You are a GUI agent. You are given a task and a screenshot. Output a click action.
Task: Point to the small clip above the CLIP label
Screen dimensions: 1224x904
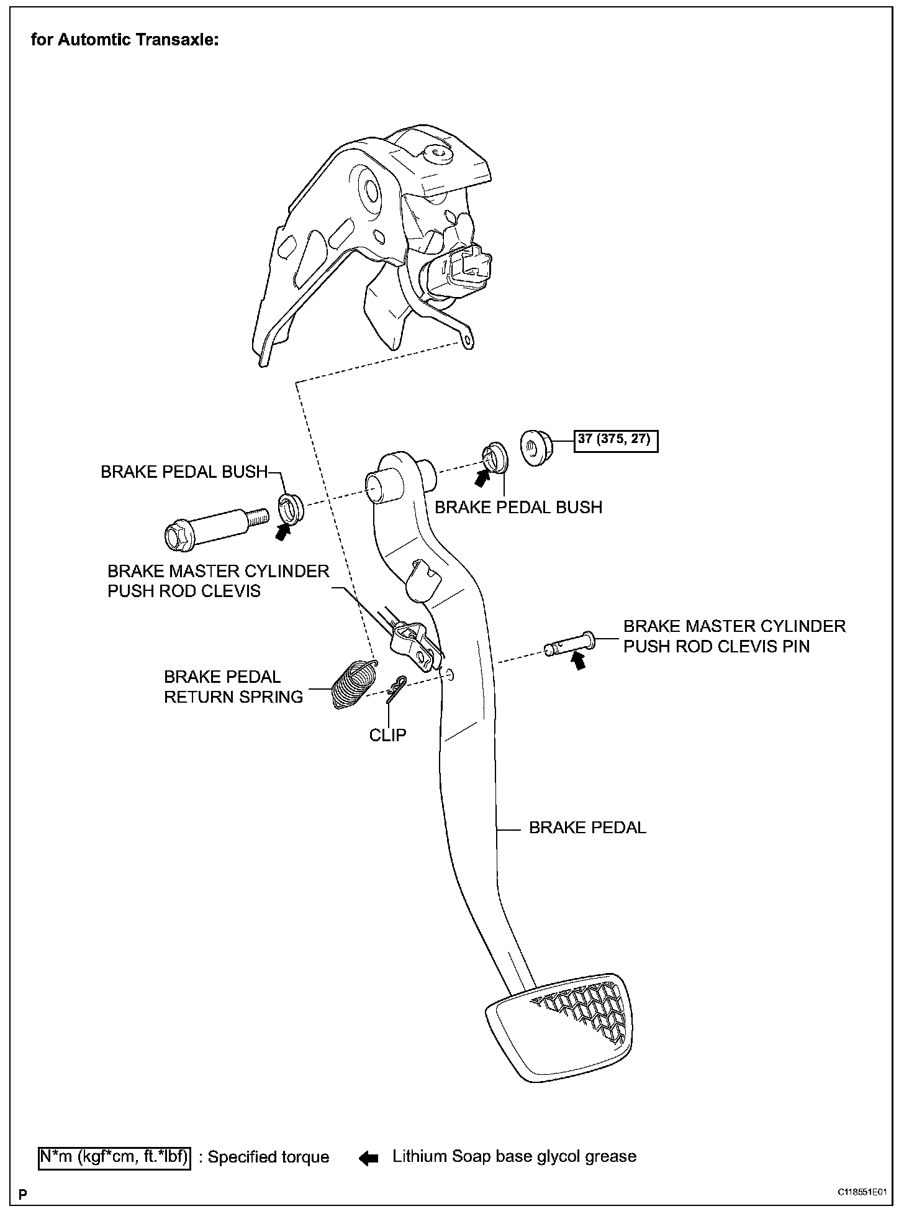pos(395,688)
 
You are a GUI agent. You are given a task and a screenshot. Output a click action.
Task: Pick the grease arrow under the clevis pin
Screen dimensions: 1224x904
pos(579,662)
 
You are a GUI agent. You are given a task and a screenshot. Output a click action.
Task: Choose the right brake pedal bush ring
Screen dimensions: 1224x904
pos(494,457)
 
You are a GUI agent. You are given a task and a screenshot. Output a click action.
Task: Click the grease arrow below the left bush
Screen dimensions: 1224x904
pos(283,532)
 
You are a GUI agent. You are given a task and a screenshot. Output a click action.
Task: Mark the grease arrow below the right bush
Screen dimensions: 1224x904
pos(482,477)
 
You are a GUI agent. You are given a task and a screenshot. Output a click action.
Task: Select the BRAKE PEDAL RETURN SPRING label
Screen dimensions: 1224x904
pos(233,687)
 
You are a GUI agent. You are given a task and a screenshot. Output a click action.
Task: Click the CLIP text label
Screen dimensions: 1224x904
pos(387,735)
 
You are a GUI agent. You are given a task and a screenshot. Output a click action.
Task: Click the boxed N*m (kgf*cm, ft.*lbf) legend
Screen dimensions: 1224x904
pos(115,1157)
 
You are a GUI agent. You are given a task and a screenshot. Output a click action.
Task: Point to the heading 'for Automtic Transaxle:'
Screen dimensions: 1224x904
pos(125,40)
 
